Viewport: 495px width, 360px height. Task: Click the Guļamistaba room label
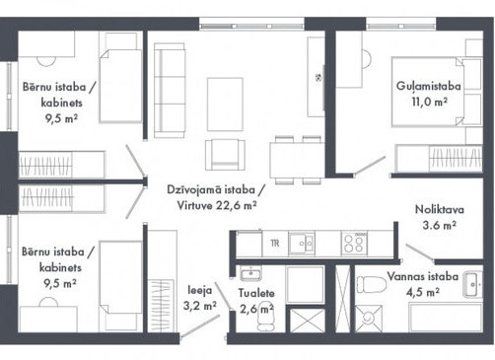[x=428, y=87]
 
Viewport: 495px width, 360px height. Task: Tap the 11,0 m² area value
[x=429, y=102]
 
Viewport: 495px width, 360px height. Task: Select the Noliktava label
[x=440, y=209]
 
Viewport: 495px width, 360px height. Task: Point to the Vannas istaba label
[x=423, y=276]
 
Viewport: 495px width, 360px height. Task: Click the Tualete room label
[x=256, y=293]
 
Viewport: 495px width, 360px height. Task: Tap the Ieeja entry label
[x=200, y=290]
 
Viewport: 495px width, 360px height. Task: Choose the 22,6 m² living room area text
[x=237, y=205]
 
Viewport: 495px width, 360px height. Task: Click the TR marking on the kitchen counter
[x=275, y=244]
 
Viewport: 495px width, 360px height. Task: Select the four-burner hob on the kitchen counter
[x=354, y=244]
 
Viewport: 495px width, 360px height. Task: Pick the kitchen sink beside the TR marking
[x=302, y=244]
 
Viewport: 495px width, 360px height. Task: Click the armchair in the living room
[x=225, y=155]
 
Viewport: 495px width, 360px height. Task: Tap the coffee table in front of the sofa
[x=225, y=105]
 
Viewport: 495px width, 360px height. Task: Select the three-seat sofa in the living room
[x=170, y=91]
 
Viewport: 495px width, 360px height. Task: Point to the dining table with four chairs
[x=297, y=160]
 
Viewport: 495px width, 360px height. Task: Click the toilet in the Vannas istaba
[x=372, y=284]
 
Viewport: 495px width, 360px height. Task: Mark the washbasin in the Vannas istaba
[x=472, y=284]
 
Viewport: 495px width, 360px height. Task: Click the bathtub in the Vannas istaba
[x=446, y=318]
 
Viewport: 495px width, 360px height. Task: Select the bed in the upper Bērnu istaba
[x=120, y=86]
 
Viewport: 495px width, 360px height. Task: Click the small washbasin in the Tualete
[x=250, y=273]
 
